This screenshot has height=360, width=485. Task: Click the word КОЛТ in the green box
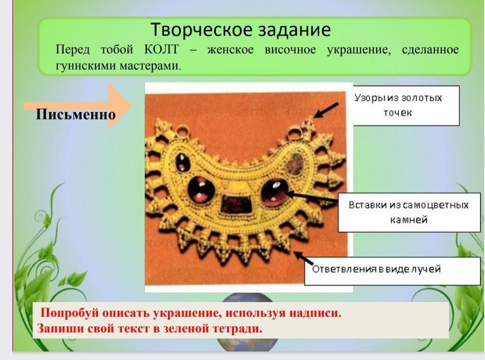coord(162,49)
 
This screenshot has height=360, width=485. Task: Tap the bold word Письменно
coord(76,115)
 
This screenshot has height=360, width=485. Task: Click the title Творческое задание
coord(241,30)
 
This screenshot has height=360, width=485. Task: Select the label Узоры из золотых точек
coord(398,105)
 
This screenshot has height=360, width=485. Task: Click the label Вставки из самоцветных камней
coord(409,212)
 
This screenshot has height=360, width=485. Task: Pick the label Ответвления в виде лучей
coord(376,269)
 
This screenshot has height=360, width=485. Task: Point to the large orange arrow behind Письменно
coord(77,106)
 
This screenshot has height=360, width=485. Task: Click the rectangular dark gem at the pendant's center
coord(236,205)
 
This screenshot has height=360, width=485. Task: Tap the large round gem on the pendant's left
coord(201,190)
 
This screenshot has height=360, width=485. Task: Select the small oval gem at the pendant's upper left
coord(183,162)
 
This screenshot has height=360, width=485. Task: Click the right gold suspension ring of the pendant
coord(294,134)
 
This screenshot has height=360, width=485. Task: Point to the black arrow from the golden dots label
coord(326,110)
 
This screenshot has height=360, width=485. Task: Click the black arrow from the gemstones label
coord(312,197)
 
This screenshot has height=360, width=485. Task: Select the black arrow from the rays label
coord(304,259)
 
